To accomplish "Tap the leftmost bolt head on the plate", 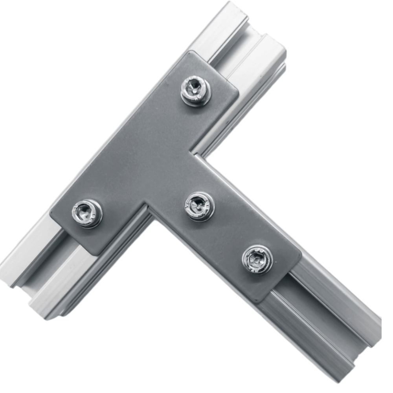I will click(87, 213).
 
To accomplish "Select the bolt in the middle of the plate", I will click(200, 206).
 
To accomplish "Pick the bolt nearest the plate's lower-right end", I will click(257, 259).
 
